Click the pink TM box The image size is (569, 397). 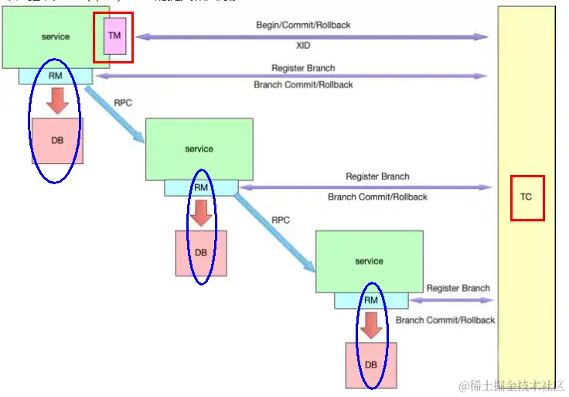(114, 36)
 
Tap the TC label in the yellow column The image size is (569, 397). (526, 197)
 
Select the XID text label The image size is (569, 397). (303, 46)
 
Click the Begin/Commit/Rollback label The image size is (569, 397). (303, 26)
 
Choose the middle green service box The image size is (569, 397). (199, 149)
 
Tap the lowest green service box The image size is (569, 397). (369, 261)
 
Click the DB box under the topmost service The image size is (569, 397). (57, 140)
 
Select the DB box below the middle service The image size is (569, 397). (200, 252)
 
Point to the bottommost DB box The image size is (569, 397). (371, 364)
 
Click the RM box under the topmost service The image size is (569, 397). (55, 76)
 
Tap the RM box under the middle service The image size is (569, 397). (201, 187)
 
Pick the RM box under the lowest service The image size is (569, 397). (371, 300)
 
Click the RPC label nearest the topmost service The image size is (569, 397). (122, 101)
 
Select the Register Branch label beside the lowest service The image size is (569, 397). (458, 288)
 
